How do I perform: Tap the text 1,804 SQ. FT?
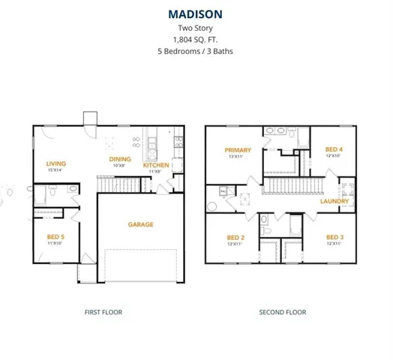click(196, 40)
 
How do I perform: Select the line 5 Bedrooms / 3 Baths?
click(196, 52)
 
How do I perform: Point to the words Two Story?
click(196, 28)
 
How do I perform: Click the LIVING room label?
click(56, 163)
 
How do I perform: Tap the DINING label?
click(120, 159)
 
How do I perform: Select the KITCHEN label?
click(156, 165)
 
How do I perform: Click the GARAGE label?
click(140, 224)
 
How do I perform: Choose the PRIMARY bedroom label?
click(238, 150)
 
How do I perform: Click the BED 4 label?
click(334, 149)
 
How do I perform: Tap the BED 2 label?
click(237, 238)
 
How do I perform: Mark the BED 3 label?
click(334, 238)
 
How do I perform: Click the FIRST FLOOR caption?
click(103, 312)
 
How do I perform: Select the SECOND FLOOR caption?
click(282, 312)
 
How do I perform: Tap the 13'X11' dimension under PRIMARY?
click(238, 157)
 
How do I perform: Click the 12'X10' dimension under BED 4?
click(334, 156)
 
